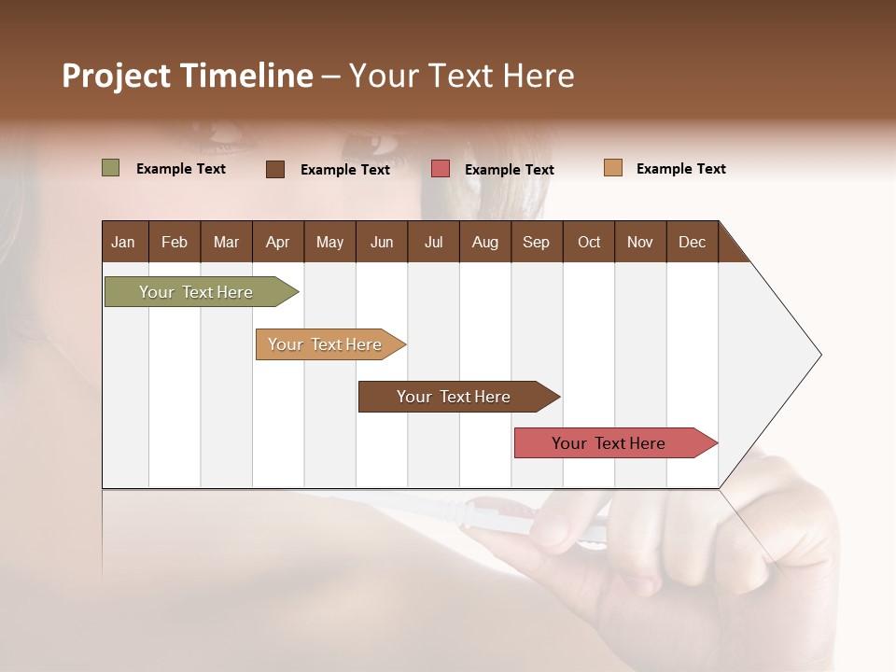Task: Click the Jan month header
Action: coord(123,242)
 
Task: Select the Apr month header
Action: coord(277,242)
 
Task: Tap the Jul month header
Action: coord(433,242)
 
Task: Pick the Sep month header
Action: coord(536,242)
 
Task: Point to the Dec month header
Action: coord(692,242)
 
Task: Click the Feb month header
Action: coord(175,242)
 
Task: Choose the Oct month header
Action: coord(589,242)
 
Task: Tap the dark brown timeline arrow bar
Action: coord(455,397)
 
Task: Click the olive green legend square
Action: coord(111,168)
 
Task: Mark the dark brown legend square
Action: coord(275,169)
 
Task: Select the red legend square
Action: coord(441,169)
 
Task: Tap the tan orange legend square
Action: coord(612,168)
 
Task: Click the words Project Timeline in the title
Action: coord(187,76)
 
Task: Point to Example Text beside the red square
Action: coord(510,170)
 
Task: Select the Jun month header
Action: coord(382,242)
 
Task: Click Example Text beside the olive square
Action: coord(181,169)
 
